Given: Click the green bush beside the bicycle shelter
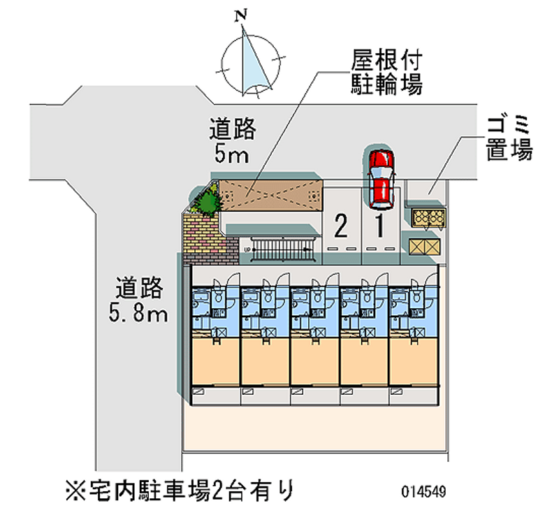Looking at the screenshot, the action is tap(207, 203).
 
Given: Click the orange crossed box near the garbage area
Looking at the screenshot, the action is tap(425, 246).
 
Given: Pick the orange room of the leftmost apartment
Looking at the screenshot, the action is tap(213, 361).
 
